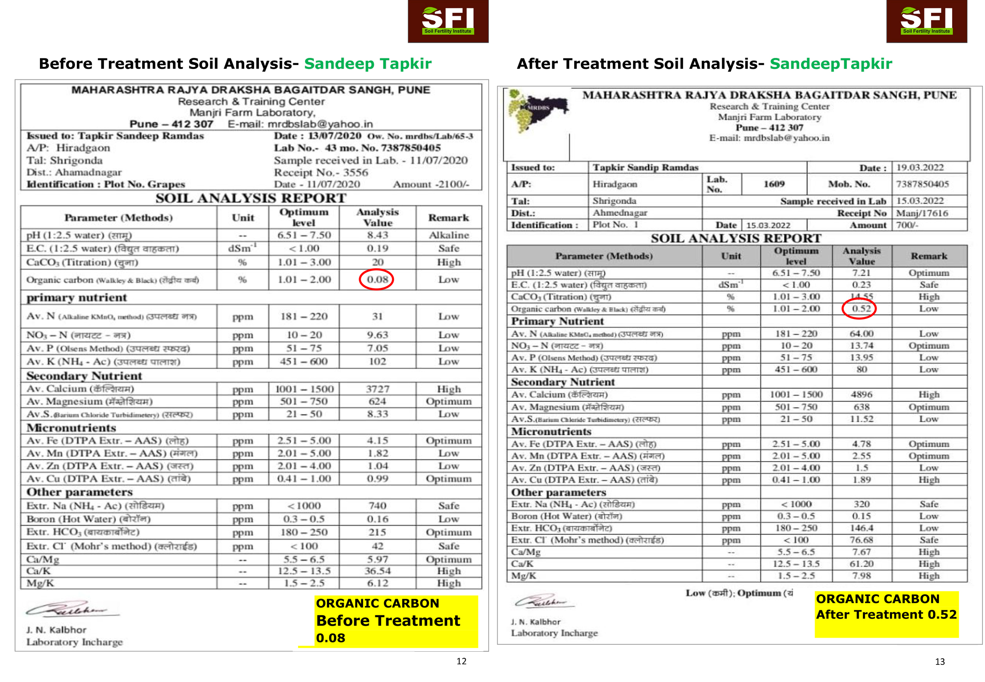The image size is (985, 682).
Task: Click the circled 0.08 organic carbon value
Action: click(x=377, y=280)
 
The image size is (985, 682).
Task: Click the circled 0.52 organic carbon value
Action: click(x=861, y=309)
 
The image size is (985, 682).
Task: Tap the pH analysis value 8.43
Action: click(x=377, y=235)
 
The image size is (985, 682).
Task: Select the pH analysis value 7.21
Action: click(x=861, y=273)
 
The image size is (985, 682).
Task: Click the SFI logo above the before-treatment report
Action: click(x=448, y=21)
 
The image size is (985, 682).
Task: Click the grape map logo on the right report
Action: click(x=537, y=110)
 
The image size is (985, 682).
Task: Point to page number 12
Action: click(x=461, y=661)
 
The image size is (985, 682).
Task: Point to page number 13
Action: click(x=940, y=661)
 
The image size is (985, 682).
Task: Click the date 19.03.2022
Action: click(x=920, y=168)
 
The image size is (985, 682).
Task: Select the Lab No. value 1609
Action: click(x=774, y=184)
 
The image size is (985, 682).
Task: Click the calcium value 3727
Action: click(x=377, y=389)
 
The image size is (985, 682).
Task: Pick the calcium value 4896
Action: click(x=861, y=395)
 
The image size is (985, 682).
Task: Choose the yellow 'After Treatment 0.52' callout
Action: click(x=886, y=614)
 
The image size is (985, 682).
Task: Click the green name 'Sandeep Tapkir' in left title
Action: click(x=368, y=64)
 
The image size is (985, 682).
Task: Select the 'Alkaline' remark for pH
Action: click(x=449, y=235)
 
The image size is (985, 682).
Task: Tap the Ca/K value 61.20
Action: click(x=861, y=564)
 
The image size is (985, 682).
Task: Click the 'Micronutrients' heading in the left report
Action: click(x=72, y=428)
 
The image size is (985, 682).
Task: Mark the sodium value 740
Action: click(x=377, y=506)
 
